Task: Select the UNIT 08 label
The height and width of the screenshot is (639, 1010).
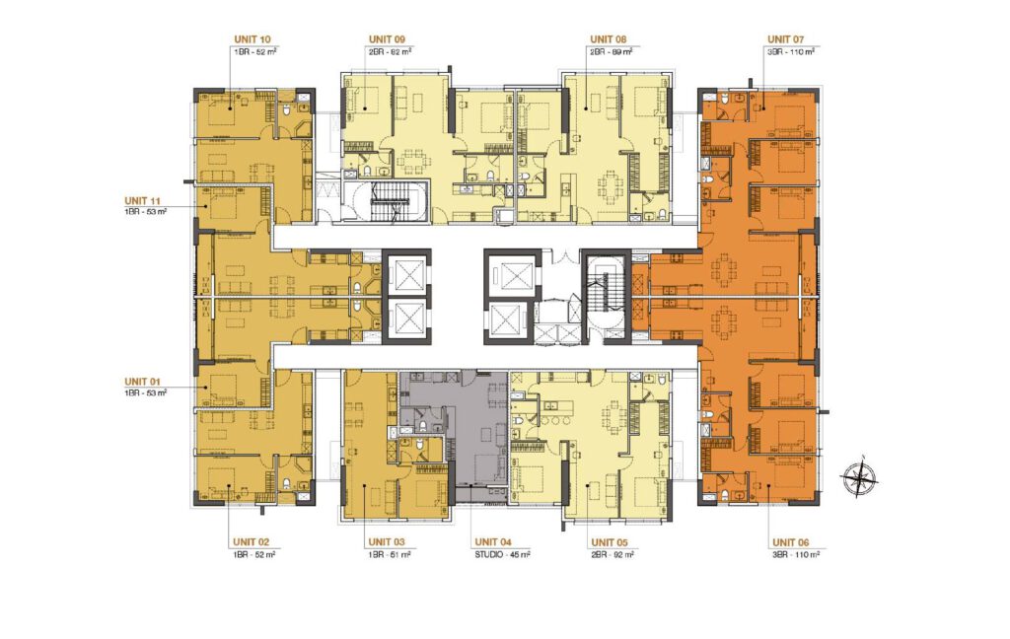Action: tap(606, 39)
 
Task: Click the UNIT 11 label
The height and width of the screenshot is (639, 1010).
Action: tap(143, 198)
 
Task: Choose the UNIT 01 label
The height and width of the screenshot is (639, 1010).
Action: tap(143, 381)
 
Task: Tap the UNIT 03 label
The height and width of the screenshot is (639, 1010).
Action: tap(386, 542)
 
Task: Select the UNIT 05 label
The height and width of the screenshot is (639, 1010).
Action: tap(608, 542)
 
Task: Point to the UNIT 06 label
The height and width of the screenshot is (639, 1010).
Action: tap(793, 542)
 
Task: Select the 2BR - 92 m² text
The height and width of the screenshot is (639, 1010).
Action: tap(612, 555)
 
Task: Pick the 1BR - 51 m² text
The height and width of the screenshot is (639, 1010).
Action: tap(389, 555)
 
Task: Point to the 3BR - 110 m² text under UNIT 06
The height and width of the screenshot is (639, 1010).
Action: tap(795, 555)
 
